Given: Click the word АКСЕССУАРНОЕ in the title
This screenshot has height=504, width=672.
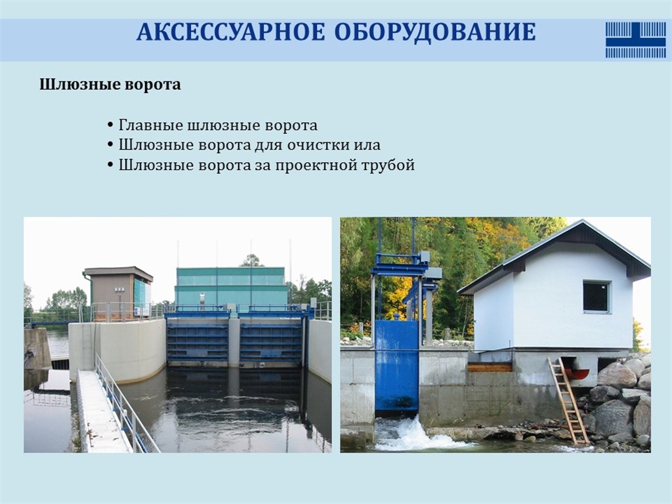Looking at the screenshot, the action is point(230,32).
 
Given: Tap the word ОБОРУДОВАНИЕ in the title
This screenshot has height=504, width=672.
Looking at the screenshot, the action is point(434,32).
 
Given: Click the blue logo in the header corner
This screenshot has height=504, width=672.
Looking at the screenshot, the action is point(635,40).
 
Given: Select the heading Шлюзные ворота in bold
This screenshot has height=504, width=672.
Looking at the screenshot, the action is point(110,85).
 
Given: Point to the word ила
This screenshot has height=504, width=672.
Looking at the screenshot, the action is point(367,145).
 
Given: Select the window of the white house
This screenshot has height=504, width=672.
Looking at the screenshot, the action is point(597,297).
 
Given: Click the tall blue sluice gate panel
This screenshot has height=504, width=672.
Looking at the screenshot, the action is point(396,366).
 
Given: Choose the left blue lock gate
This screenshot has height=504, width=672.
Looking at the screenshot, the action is point(198,341).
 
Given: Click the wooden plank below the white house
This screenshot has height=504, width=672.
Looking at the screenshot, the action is point(490,367).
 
